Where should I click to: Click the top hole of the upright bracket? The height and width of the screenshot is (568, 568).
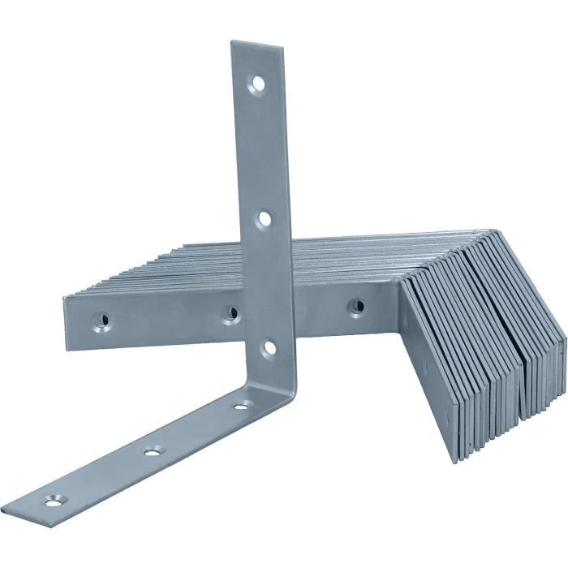click(x=257, y=83)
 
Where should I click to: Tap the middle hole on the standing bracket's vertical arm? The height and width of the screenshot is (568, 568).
click(x=264, y=218)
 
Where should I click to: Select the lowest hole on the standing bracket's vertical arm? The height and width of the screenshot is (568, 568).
click(x=269, y=347)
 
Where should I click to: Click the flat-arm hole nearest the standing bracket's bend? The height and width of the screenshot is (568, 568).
click(x=241, y=404)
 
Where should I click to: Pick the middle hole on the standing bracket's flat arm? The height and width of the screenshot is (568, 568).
click(x=153, y=450)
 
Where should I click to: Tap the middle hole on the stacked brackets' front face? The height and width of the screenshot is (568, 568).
click(x=231, y=312)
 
